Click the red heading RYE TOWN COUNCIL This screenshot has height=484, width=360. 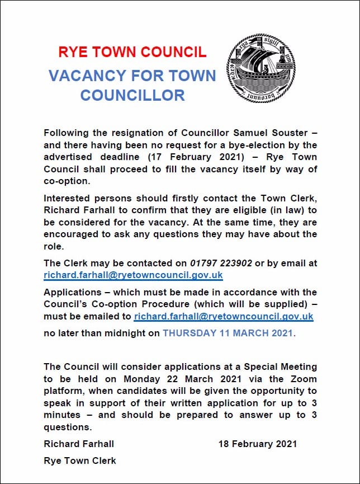(x=132, y=52)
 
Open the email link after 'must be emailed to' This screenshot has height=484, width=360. (x=224, y=317)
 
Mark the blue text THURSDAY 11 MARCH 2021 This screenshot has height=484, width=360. (x=228, y=333)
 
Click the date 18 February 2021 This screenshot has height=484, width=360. (x=257, y=444)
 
